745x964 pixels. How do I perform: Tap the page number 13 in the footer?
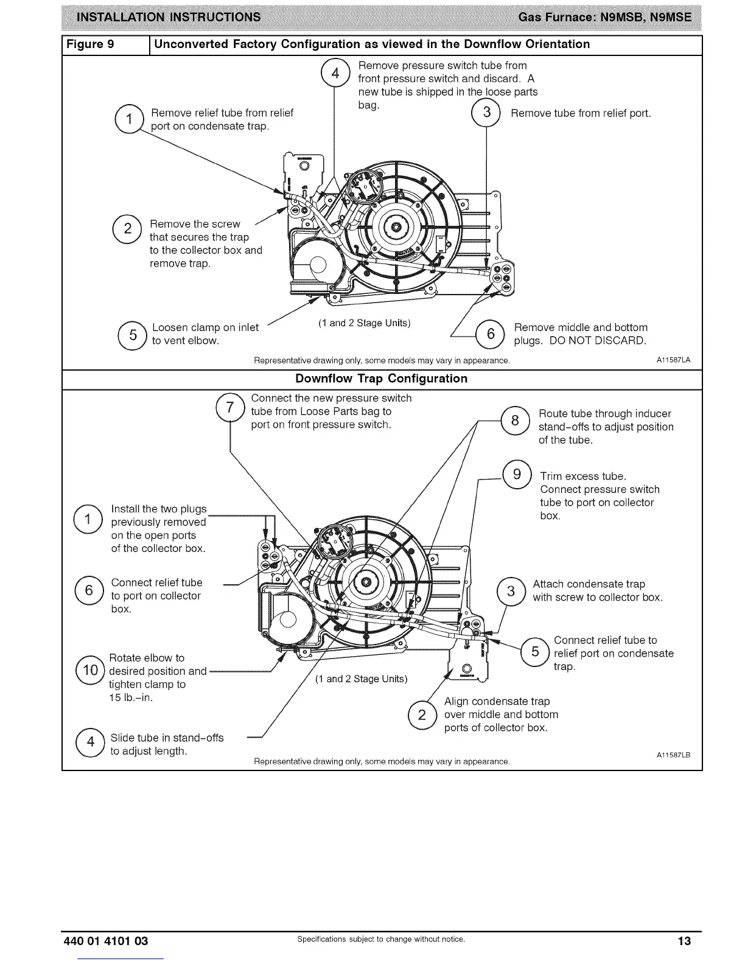pyautogui.click(x=684, y=941)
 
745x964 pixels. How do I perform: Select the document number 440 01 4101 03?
pyautogui.click(x=106, y=941)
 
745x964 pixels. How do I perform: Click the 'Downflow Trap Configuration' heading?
pyautogui.click(x=381, y=379)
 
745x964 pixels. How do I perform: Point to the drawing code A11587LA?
pyautogui.click(x=673, y=360)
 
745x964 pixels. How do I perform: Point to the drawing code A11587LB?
pyautogui.click(x=673, y=755)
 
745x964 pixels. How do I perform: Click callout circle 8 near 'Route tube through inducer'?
pyautogui.click(x=515, y=420)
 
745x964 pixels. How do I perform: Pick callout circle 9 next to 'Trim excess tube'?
pyautogui.click(x=517, y=474)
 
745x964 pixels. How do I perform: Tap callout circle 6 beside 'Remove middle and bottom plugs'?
pyautogui.click(x=491, y=334)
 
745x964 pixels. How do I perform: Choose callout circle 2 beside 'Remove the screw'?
pyautogui.click(x=128, y=229)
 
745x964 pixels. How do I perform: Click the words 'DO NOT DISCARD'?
pyautogui.click(x=598, y=341)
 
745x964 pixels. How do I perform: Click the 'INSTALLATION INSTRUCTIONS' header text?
pyautogui.click(x=167, y=16)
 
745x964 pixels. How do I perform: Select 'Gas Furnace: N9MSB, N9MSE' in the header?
pyautogui.click(x=604, y=16)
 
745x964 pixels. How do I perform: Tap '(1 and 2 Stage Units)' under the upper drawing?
pyautogui.click(x=364, y=323)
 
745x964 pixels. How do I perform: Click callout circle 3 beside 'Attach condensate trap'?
pyautogui.click(x=511, y=591)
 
